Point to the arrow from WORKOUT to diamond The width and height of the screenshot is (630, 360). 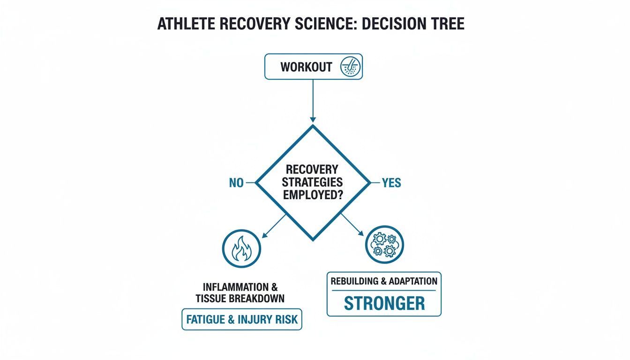tap(313, 100)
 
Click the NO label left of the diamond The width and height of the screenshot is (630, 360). tap(236, 183)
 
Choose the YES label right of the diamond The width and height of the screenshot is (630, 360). tap(391, 183)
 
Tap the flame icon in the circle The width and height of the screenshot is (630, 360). tap(241, 248)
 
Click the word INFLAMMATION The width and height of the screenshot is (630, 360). tap(237, 286)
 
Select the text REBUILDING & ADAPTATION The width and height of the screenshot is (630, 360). tap(384, 281)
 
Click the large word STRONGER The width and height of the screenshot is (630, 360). tap(384, 303)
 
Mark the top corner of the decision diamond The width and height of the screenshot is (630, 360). tap(313, 125)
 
